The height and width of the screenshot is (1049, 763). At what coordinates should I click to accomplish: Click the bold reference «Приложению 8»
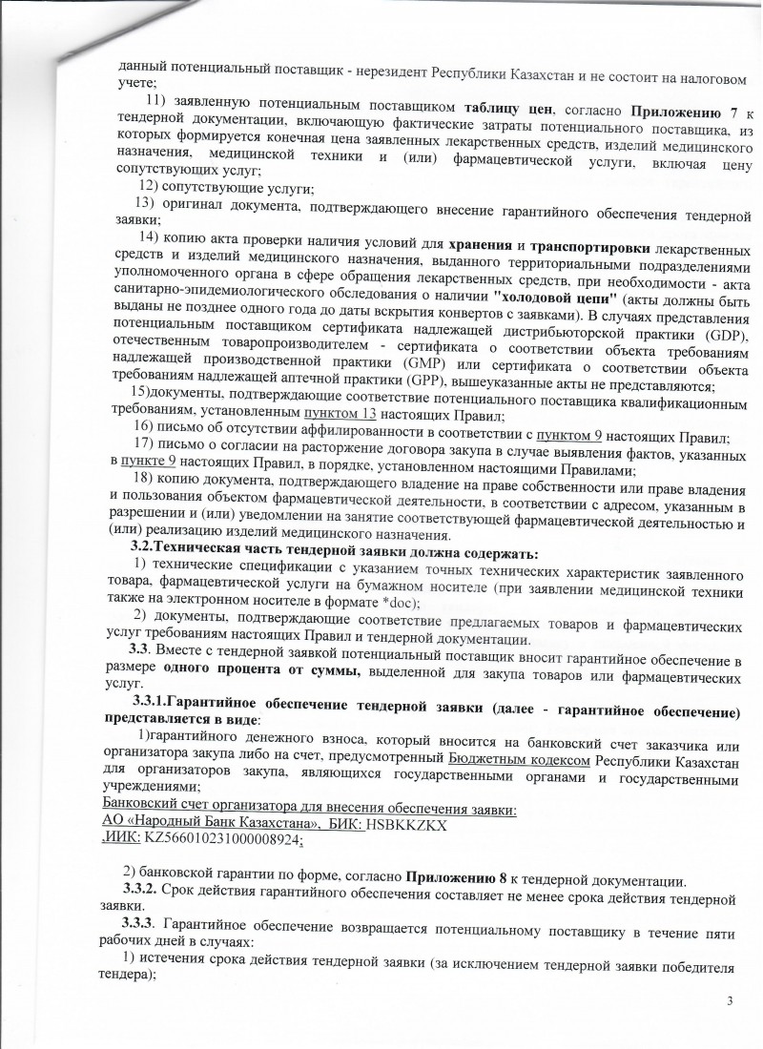click(465, 877)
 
